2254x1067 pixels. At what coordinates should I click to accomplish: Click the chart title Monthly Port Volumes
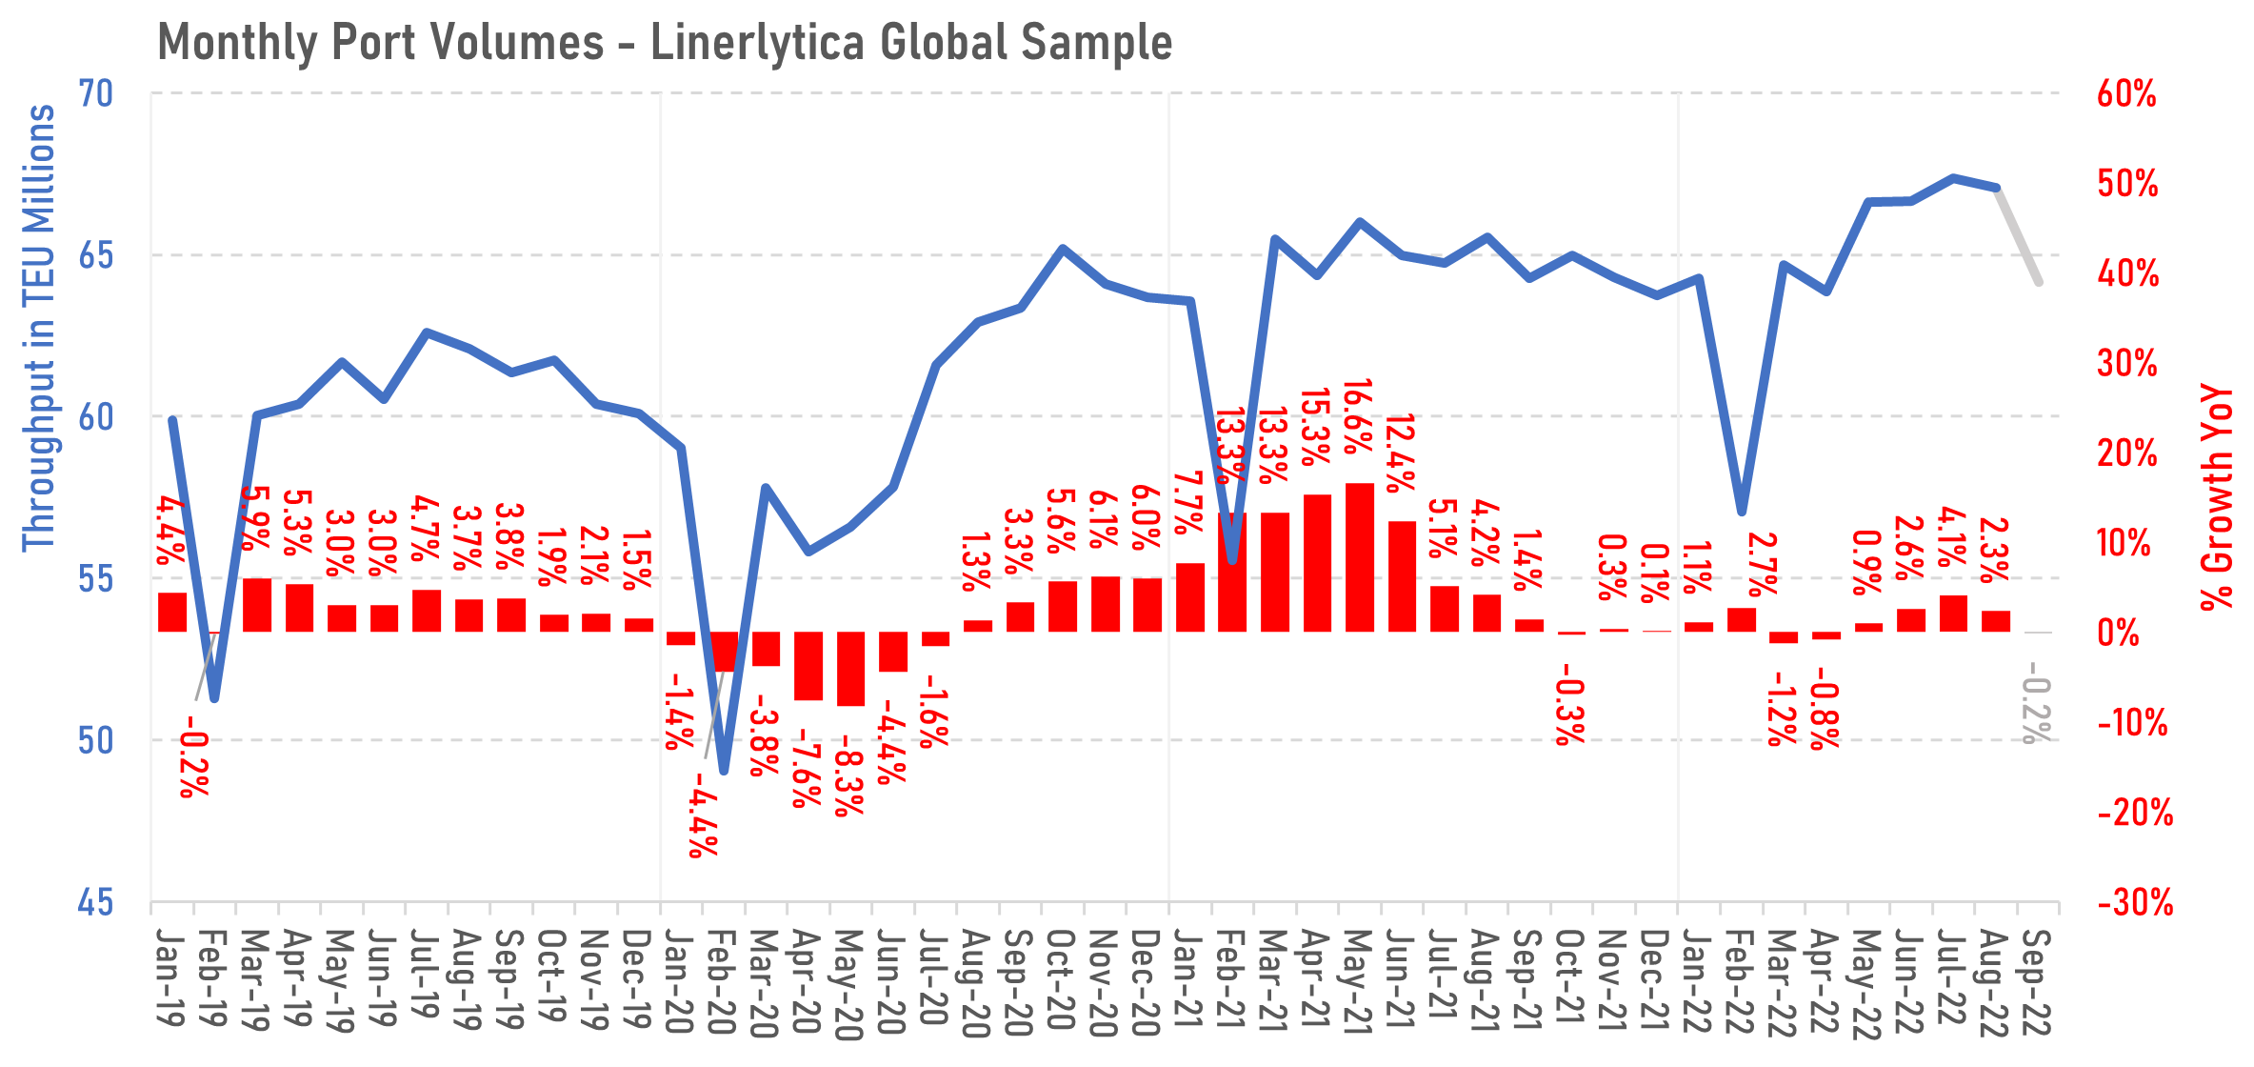(664, 43)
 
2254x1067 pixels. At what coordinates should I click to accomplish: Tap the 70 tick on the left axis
(95, 94)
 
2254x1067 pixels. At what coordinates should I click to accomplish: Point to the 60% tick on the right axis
(2126, 94)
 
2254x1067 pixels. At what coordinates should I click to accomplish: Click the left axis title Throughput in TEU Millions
(39, 327)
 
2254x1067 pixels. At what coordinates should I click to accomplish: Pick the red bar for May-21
(1360, 557)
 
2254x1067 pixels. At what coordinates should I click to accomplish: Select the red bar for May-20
(850, 669)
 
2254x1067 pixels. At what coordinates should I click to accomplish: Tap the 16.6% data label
(1358, 416)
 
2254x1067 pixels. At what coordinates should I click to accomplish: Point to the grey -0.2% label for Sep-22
(2037, 710)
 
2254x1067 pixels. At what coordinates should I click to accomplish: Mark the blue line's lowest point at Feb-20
(724, 770)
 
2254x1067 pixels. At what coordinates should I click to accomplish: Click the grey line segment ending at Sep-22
(2019, 236)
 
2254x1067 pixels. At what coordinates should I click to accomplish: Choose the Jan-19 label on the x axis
(170, 977)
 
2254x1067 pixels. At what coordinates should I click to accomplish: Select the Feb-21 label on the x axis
(1231, 981)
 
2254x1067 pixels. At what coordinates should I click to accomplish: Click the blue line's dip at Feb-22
(1742, 511)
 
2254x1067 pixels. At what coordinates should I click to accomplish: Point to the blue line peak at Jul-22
(1953, 178)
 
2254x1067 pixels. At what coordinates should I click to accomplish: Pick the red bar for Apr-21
(1317, 563)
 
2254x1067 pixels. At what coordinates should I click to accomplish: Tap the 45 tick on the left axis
(95, 902)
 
